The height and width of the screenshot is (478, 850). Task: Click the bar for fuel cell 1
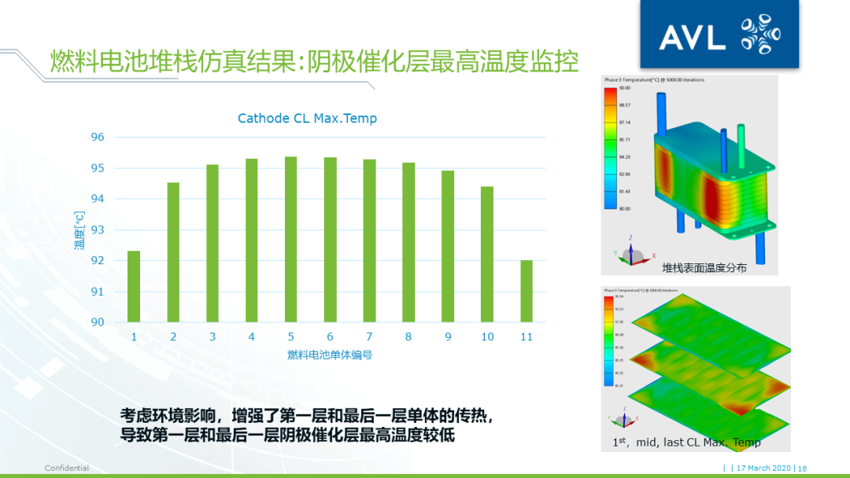click(134, 287)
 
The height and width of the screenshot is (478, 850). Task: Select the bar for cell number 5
click(290, 240)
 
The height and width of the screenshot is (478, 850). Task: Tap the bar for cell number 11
click(527, 291)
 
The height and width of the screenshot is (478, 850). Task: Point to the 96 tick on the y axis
click(98, 137)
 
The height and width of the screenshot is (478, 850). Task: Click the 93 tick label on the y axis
click(98, 230)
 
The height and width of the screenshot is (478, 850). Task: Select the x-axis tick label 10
click(487, 336)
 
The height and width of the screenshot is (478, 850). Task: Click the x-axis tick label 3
click(212, 336)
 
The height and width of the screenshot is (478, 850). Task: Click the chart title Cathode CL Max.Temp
click(307, 119)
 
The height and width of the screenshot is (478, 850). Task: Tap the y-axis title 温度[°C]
click(79, 230)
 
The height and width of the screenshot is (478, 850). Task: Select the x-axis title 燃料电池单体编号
click(330, 355)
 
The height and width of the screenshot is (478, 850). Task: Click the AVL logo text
click(693, 36)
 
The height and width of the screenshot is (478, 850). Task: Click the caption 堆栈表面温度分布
click(704, 267)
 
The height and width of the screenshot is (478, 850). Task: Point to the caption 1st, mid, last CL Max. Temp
click(686, 443)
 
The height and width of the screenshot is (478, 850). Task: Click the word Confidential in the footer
click(66, 469)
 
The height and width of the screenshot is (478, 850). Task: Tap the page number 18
click(802, 469)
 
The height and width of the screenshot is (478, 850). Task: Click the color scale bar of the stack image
click(611, 148)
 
